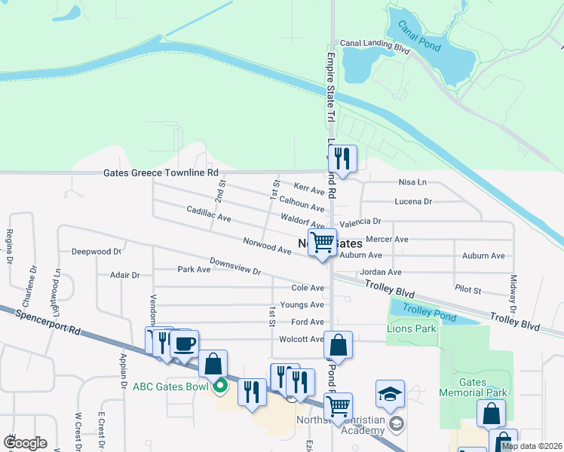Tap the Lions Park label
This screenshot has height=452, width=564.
(412, 328)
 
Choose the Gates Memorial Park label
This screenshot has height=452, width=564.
(473, 387)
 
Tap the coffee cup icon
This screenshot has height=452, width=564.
(185, 344)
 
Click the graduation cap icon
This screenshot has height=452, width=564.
(390, 394)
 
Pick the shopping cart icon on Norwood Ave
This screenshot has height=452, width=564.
(323, 242)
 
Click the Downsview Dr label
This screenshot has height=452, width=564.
(234, 267)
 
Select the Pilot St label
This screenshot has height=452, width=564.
(467, 288)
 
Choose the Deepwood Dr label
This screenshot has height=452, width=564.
(96, 252)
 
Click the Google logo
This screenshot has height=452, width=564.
(25, 443)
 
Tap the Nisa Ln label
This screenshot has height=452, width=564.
(412, 182)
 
